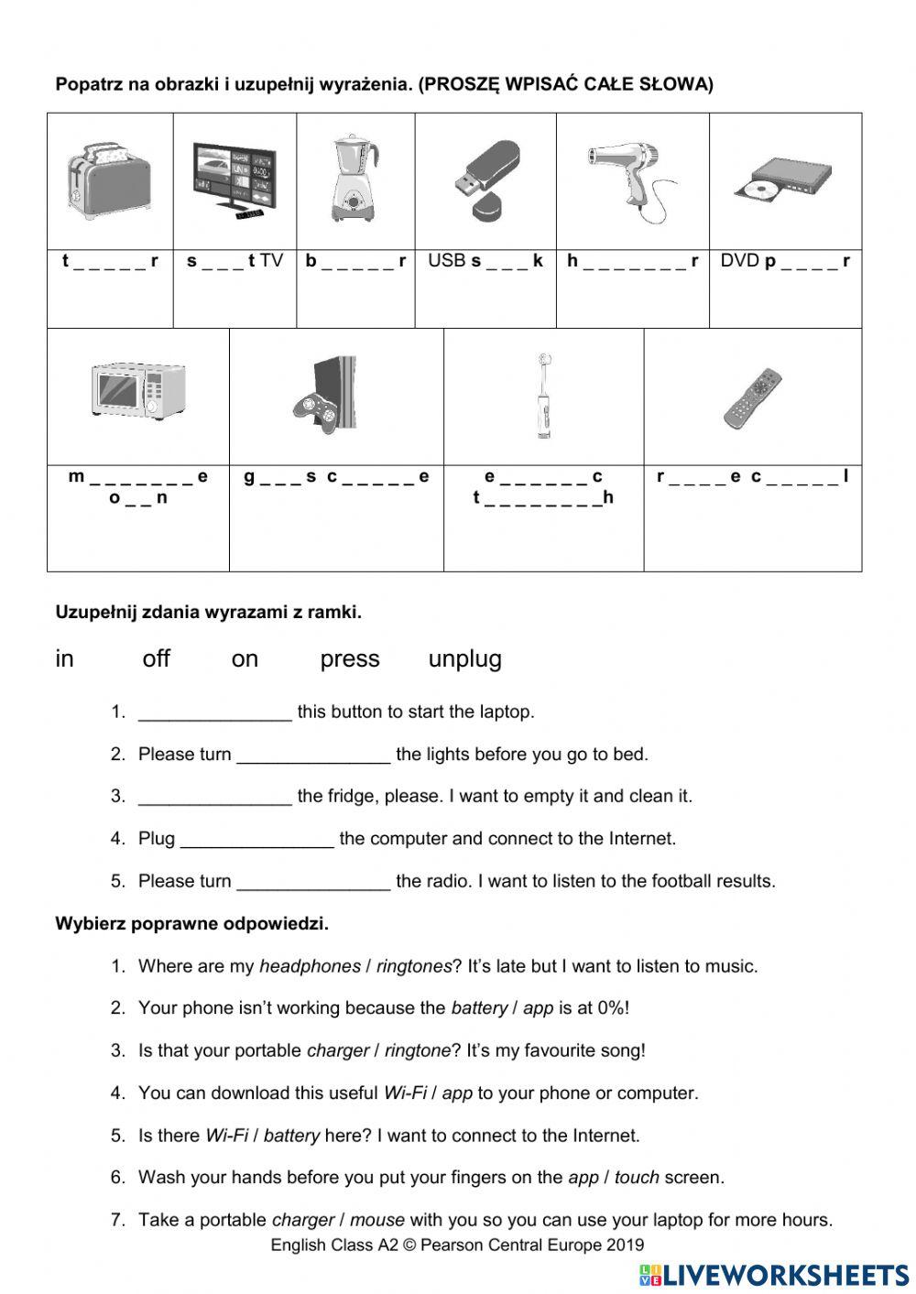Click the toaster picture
point(109,181)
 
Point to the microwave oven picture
point(138,391)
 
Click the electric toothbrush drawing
point(544,396)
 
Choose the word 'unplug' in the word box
point(464,658)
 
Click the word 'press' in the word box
point(350,658)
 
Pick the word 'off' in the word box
point(157,658)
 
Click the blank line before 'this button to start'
point(214,713)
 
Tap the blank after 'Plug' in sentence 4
point(257,840)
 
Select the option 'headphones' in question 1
point(310,966)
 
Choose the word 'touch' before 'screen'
point(637,1178)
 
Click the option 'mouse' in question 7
point(376,1220)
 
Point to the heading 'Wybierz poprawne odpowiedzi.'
point(192,923)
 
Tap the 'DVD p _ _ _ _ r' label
point(785,261)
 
